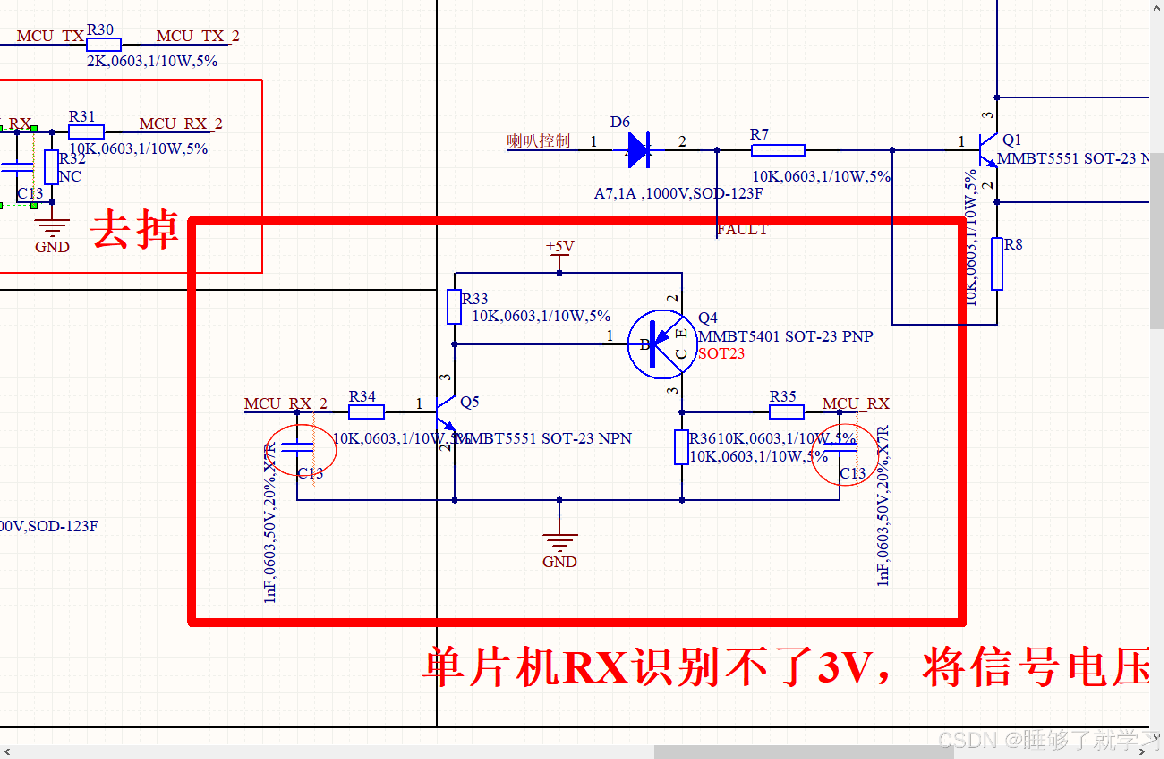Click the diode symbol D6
point(639,150)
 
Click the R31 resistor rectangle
point(86,132)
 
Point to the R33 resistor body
point(454,307)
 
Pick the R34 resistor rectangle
point(367,412)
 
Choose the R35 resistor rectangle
point(786,412)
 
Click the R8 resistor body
point(997,264)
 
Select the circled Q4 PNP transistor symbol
point(662,344)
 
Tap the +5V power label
point(560,246)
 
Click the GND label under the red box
point(559,562)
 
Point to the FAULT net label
point(742,229)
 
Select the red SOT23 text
point(721,353)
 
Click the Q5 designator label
point(469,402)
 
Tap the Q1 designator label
point(1012,140)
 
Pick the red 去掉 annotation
point(135,229)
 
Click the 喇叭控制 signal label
point(538,141)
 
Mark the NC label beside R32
point(70,176)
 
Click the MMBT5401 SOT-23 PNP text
point(785,336)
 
